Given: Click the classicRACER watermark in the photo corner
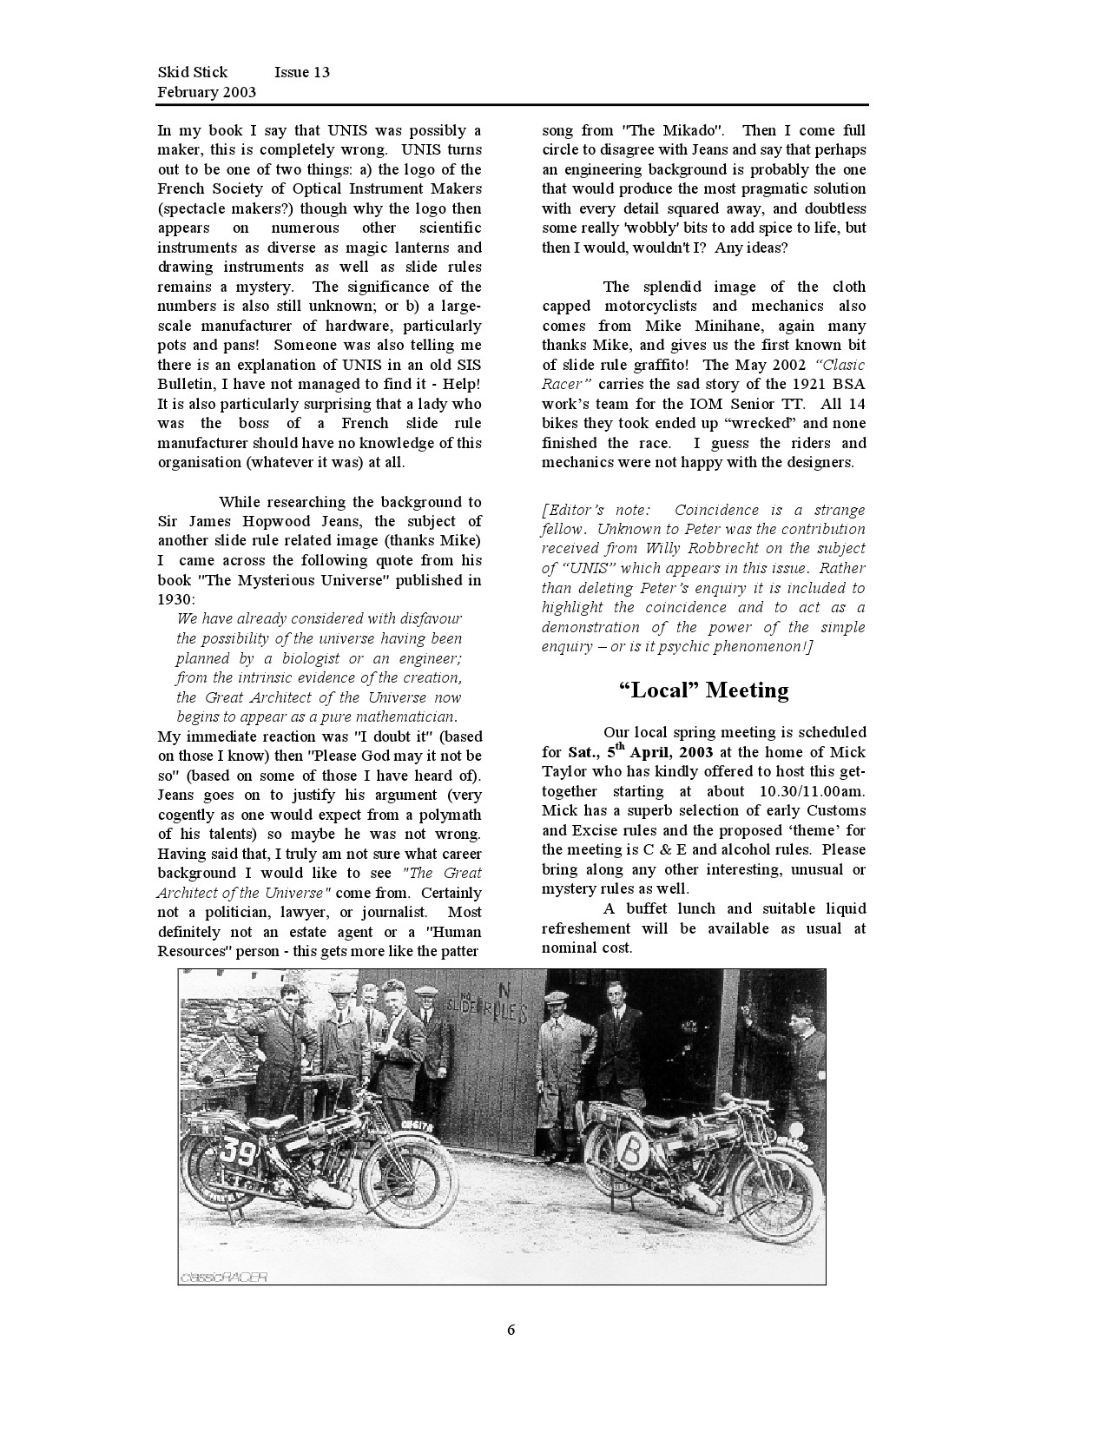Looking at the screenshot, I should (x=224, y=1277).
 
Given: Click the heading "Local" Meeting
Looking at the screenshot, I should (x=703, y=690).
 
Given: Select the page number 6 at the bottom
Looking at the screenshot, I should (x=511, y=1330).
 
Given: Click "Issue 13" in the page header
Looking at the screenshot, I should (x=301, y=72).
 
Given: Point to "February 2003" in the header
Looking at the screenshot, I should (x=207, y=91).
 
